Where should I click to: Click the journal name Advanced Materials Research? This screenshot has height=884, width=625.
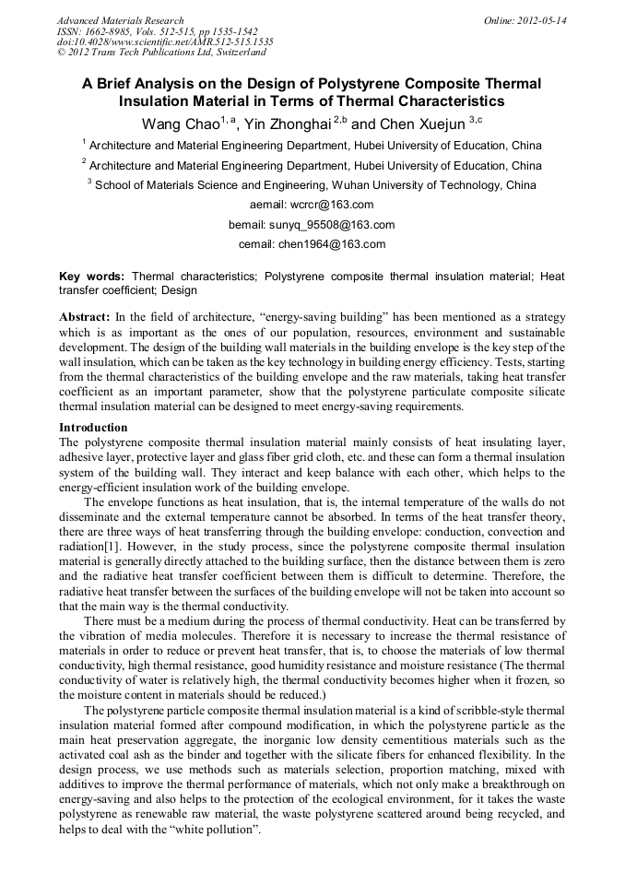click(x=121, y=20)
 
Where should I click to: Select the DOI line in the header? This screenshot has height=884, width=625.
click(x=165, y=41)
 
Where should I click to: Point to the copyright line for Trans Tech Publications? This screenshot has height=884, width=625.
click(x=161, y=53)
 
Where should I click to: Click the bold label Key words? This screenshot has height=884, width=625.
click(x=92, y=276)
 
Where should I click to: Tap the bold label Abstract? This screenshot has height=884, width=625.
click(x=84, y=317)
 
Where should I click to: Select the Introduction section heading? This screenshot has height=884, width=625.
click(x=93, y=428)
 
